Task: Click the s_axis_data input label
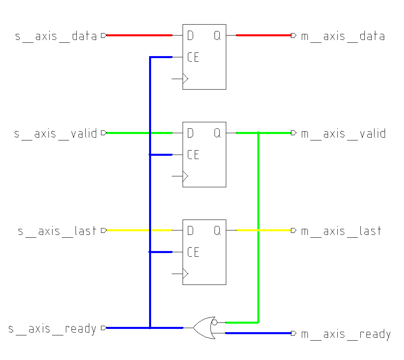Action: pos(56,36)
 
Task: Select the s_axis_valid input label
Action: pos(56,134)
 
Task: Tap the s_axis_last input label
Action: pos(57,231)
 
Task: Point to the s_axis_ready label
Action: pos(53,329)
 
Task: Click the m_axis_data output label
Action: pos(343,36)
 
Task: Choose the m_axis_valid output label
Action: pos(343,134)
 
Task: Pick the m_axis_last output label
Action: pos(341,231)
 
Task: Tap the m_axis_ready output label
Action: pos(346,335)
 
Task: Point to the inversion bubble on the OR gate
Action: pos(215,322)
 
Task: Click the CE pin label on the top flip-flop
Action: pos(193,57)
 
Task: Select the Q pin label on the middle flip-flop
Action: pos(217,133)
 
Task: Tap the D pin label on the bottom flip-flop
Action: pos(190,231)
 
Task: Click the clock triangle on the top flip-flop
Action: pos(185,78)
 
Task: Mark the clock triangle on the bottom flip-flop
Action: pos(185,274)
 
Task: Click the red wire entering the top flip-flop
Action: pos(139,36)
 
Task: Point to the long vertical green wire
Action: pos(258,226)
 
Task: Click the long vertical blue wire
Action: pos(150,194)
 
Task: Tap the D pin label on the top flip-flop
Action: pos(190,36)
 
